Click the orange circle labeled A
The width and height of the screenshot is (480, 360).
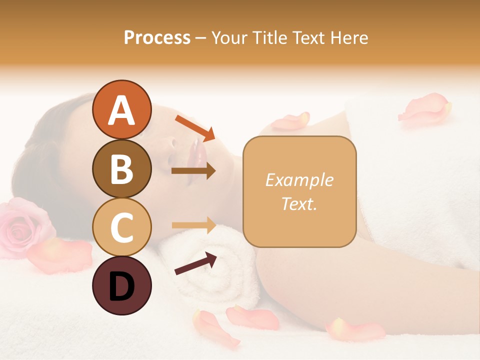tap(121, 109)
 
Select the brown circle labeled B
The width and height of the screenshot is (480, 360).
tap(121, 168)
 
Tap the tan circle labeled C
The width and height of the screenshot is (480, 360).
tap(121, 227)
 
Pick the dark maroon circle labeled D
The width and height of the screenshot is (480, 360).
tap(121, 286)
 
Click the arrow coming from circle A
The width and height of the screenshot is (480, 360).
tap(195, 127)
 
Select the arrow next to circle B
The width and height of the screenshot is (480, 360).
tap(193, 171)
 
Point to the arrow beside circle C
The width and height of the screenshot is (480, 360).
tap(193, 225)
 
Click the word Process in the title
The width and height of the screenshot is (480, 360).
tap(157, 37)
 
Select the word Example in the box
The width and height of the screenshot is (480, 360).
tap(299, 180)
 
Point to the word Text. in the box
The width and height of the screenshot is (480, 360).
tap(299, 203)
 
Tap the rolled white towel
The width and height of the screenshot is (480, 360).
tap(215, 265)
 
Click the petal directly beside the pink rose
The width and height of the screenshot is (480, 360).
tap(60, 255)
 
